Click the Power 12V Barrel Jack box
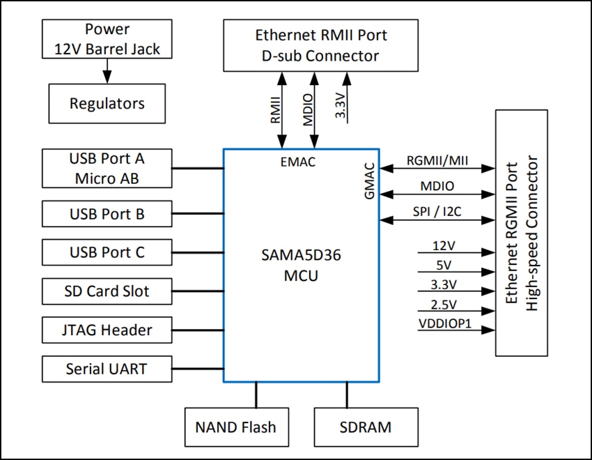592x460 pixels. point(107,40)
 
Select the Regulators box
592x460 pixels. point(107,104)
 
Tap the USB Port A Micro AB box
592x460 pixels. point(107,168)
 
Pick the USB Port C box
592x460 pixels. point(107,252)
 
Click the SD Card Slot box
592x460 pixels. point(107,291)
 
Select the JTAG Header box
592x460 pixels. point(107,330)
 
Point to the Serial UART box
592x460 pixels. point(107,368)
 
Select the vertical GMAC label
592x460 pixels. point(370,182)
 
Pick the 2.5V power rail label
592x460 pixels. point(444,304)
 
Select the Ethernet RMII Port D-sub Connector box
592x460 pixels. point(320,45)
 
